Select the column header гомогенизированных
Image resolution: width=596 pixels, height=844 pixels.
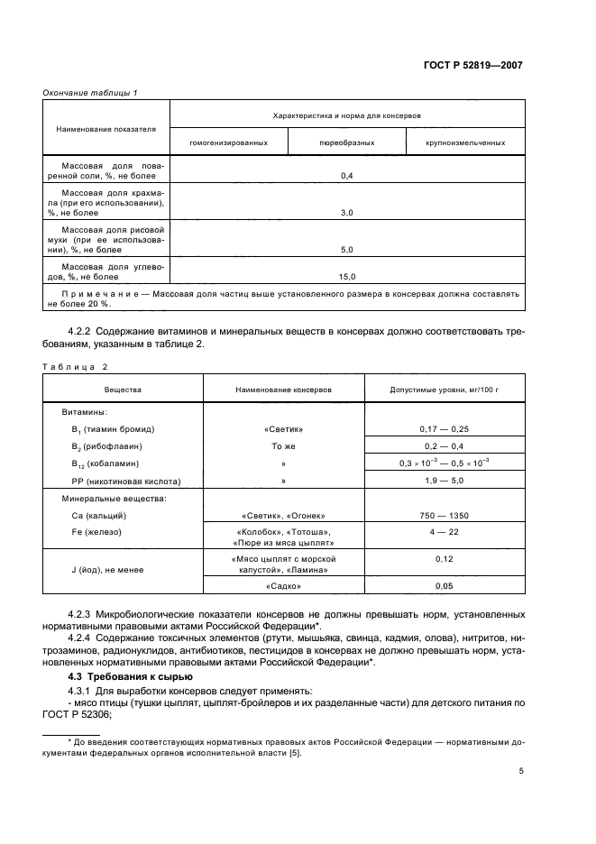pos(228,142)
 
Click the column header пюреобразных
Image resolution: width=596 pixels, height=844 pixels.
pos(346,142)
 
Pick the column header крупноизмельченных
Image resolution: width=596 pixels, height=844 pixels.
pos(465,142)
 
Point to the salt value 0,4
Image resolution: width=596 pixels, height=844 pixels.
pos(346,175)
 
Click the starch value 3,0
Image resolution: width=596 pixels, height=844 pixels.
pos(346,212)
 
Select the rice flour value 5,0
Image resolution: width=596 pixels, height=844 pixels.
pos(346,249)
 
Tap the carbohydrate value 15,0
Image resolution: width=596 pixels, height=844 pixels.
pos(346,277)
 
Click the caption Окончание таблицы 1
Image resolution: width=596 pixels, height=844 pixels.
pos(90,92)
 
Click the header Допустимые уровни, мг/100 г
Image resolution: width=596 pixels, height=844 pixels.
pos(444,390)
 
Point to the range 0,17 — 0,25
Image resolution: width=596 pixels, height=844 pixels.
pos(444,429)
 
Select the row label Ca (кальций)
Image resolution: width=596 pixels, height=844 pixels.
pos(93,515)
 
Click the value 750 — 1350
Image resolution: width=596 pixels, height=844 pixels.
pos(444,515)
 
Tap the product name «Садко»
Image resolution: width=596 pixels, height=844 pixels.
pos(283,586)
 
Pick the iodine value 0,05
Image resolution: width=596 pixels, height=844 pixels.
pos(444,586)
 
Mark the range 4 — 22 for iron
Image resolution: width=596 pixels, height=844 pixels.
pos(444,532)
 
